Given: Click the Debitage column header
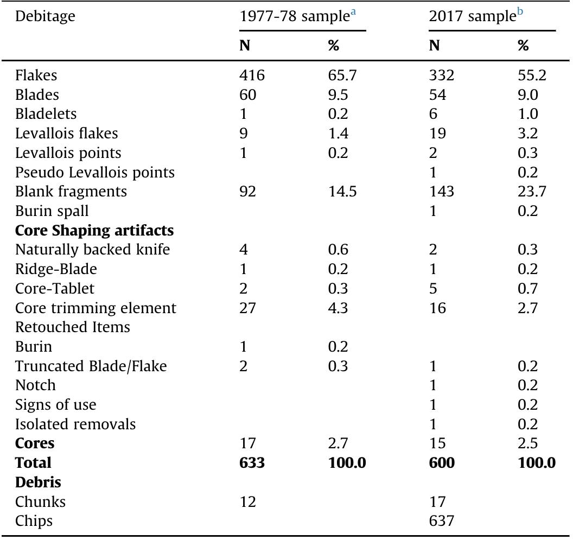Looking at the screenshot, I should [x=44, y=17].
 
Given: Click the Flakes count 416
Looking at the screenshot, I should [x=252, y=76].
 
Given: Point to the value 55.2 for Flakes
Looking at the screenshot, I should [x=531, y=76].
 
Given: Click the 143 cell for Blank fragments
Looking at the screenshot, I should [x=441, y=192].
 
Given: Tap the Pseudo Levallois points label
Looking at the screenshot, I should [x=95, y=173].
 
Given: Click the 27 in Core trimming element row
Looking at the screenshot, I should [x=247, y=308].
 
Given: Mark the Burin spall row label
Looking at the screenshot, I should [x=52, y=211].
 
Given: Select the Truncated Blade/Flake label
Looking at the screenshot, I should [x=91, y=366].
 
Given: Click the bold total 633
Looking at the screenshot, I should [x=252, y=463].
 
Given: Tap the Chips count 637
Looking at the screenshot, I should [x=441, y=521].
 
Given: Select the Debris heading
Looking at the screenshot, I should [x=34, y=482].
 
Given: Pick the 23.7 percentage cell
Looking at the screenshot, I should [x=531, y=192].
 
